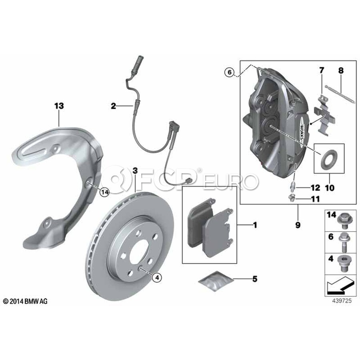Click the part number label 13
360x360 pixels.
point(59,106)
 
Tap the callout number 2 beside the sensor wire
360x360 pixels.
point(113,106)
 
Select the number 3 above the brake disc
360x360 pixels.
point(135,171)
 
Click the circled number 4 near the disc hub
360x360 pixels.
point(157,278)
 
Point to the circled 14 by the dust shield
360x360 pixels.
point(105,192)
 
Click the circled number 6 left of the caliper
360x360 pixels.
point(229,72)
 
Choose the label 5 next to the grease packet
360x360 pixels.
point(255,279)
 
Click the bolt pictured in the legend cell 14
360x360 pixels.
point(343,221)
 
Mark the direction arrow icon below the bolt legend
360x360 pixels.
point(340,285)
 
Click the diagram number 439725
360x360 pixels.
point(342,300)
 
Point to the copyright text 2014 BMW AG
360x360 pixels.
point(25,301)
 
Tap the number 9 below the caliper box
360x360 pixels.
point(298,225)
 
